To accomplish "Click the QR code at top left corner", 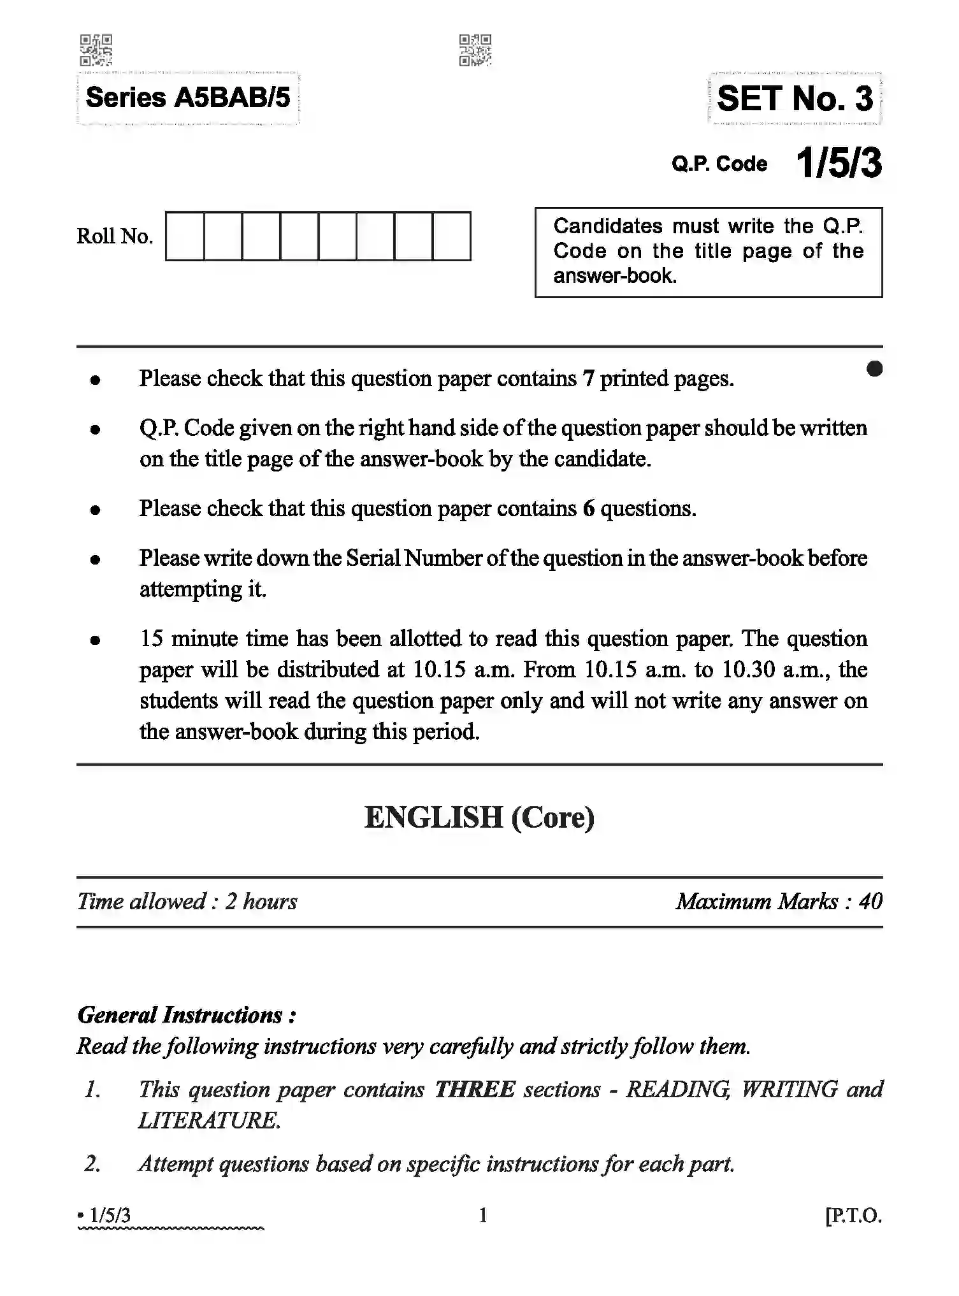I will pos(96,50).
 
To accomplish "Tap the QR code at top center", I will pos(475,50).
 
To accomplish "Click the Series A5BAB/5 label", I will pos(187,98).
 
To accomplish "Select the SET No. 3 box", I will pos(794,99).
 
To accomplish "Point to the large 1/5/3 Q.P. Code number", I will pos(839,163).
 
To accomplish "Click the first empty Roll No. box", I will pos(185,236).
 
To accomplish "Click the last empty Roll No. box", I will pos(451,236).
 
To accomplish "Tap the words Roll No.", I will pos(115,236).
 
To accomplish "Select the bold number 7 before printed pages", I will pos(588,378).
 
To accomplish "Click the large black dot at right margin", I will pos(874,369).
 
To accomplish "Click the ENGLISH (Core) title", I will pos(479,817).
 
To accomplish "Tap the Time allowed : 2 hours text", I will pos(187,902).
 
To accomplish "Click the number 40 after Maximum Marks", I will pos(870,902).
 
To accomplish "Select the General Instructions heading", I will pos(187,1015).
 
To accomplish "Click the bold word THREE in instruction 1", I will pos(474,1090).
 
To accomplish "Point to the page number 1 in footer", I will pos(482,1216).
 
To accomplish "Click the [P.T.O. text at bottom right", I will pos(853,1216).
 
